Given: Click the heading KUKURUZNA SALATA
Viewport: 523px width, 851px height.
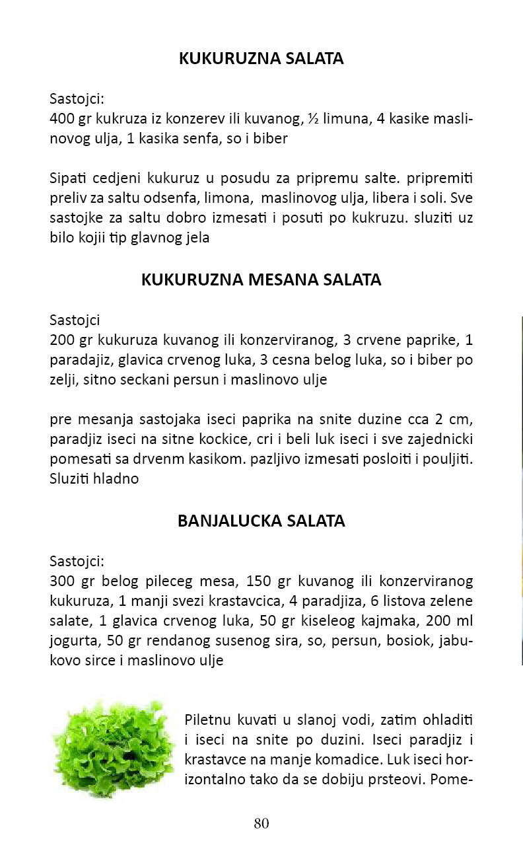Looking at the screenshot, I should tap(261, 59).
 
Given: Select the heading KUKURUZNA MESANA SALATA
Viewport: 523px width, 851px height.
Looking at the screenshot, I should tap(261, 279).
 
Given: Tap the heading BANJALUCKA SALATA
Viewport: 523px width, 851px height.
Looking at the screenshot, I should tap(261, 521).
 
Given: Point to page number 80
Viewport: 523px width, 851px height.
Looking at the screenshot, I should tap(261, 823).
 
